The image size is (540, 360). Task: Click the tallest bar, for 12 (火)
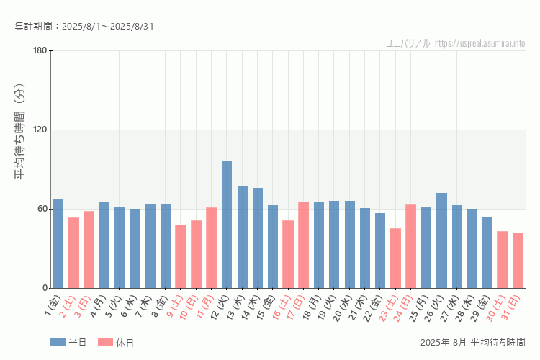pos(227,224)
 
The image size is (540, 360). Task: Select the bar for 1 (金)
pos(58,243)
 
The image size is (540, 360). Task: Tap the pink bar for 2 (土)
pos(73,253)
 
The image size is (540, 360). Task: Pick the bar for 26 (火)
pos(441,240)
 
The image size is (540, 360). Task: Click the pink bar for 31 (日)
pos(518,260)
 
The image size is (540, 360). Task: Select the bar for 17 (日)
pos(303,245)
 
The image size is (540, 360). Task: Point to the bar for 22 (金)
pos(380,251)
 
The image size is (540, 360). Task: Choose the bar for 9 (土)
pos(181,256)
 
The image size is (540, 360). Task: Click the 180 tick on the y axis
pos(40,50)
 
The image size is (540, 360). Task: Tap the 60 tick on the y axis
pos(42,209)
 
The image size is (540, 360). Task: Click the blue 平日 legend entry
pos(68,342)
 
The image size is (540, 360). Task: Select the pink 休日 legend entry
pos(115,342)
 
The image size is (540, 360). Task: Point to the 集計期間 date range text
pos(84,27)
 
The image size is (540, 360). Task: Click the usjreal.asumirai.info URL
pos(480,43)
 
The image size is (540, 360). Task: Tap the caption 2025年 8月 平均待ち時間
pos(472,342)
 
